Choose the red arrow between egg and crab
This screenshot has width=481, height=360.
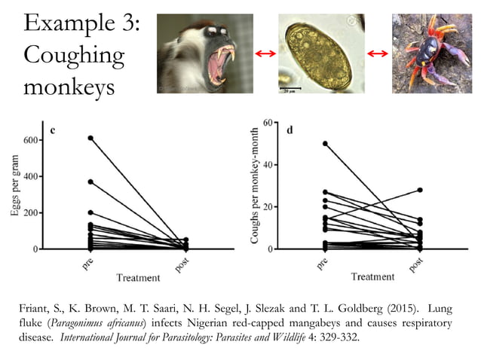(377, 54)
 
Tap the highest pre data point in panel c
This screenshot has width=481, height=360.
(90, 138)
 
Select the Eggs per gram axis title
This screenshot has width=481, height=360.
(14, 192)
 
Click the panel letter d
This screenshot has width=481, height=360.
(290, 130)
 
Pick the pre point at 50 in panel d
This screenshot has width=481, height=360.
(325, 143)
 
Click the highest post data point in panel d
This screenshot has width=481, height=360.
(419, 191)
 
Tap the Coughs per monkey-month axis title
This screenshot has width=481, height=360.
(256, 185)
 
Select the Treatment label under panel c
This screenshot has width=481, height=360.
(138, 278)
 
